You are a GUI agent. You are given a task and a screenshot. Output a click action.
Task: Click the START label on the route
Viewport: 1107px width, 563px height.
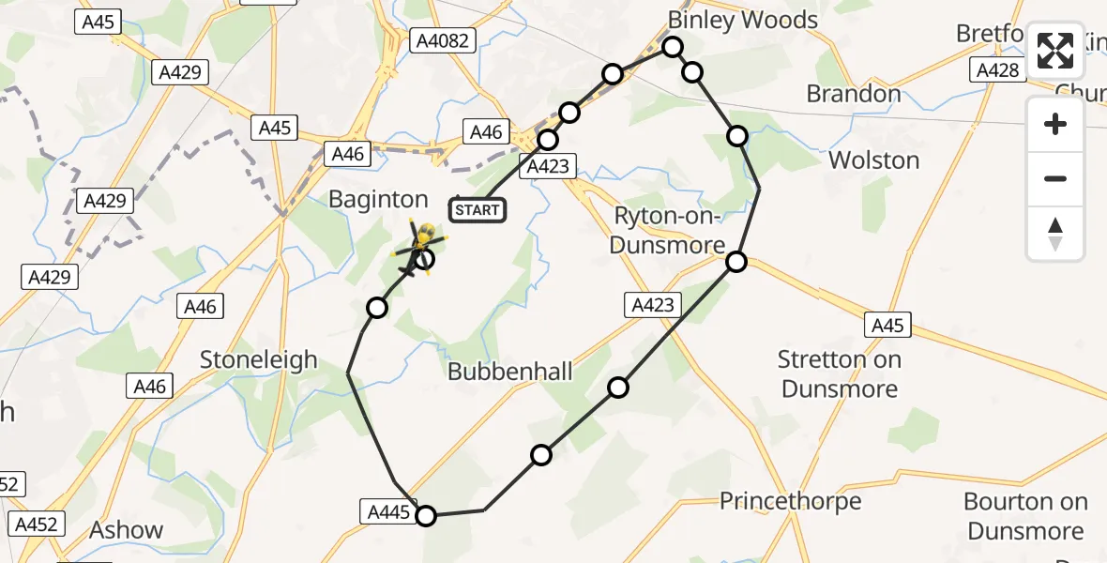pos(478,210)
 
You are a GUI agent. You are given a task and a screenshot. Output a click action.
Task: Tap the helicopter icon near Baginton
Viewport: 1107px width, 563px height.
pos(420,249)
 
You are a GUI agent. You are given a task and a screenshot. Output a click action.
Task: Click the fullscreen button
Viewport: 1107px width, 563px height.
pos(1055,51)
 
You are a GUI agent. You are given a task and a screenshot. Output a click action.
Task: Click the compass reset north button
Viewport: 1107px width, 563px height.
pos(1055,234)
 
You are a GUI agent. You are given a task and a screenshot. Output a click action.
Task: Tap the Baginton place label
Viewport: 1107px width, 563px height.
pos(378,199)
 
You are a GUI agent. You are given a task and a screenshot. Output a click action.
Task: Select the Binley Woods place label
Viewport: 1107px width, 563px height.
pos(742,20)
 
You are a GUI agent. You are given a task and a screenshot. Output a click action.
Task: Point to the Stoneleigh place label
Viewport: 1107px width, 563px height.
pos(259,359)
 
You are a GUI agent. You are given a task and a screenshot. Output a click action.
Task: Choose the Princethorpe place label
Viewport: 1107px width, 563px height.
pos(790,501)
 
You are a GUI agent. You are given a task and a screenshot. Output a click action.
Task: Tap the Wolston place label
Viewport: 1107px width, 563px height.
pos(873,160)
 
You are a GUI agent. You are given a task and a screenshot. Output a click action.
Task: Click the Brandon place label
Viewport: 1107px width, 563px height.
pos(854,94)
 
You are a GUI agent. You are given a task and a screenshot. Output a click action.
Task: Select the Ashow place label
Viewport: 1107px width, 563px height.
pos(126,530)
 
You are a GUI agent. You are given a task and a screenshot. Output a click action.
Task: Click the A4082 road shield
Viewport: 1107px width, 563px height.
pos(444,40)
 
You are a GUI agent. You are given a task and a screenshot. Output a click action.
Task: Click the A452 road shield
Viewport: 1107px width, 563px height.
pos(37,525)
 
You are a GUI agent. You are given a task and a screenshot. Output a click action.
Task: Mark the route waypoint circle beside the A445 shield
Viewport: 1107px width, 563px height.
pos(426,515)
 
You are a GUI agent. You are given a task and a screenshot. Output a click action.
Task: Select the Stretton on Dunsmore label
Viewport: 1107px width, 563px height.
pos(840,373)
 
